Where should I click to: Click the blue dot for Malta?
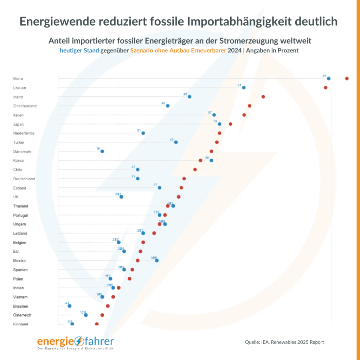pos(329,78)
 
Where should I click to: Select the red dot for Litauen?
pos(326,88)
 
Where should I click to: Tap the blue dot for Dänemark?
pos(102,151)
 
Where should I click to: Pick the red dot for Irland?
pos(263,97)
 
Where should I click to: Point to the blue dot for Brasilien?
pos(70,306)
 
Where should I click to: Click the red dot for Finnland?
pos(97,324)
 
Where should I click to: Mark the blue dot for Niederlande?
pos(143,133)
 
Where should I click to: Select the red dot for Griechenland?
pos(250,106)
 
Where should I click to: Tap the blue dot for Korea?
pos(211,160)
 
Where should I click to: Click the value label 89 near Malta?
pos(324,76)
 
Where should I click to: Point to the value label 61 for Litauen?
pos(239,85)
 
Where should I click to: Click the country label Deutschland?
pos(24,179)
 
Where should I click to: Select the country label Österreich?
pos(22,315)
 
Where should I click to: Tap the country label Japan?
pos(18,124)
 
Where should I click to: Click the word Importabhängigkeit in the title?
pos(237,21)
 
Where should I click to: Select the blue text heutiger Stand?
pos(79,50)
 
